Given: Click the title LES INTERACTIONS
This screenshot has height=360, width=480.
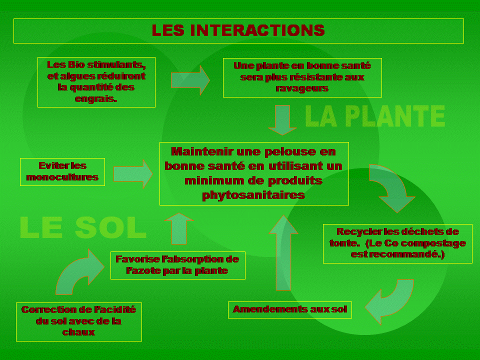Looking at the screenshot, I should tap(238, 30).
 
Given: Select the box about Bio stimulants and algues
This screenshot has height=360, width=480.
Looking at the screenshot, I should tap(96, 82).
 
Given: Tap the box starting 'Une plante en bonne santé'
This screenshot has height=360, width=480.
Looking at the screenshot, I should tap(302, 77).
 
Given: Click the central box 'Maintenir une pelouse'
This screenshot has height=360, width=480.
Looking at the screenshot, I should tap(253, 173).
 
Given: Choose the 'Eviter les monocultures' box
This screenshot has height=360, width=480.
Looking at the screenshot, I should tap(62, 171).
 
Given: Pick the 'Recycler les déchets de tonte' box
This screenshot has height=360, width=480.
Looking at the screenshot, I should tap(397, 243).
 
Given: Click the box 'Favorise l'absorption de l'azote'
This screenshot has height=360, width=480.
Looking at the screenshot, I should tap(177, 265).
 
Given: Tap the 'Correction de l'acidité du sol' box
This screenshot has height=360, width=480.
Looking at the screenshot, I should tap(78, 321).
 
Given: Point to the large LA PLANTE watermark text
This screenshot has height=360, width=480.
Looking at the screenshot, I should tap(375, 117).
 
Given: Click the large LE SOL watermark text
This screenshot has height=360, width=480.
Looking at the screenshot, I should tap(83, 228).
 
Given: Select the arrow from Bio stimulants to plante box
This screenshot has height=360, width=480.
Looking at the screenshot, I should tap(190, 80).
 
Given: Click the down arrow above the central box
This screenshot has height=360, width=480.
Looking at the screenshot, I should tap(283, 120).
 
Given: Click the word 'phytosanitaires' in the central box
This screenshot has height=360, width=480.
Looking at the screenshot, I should tap(253, 194).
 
